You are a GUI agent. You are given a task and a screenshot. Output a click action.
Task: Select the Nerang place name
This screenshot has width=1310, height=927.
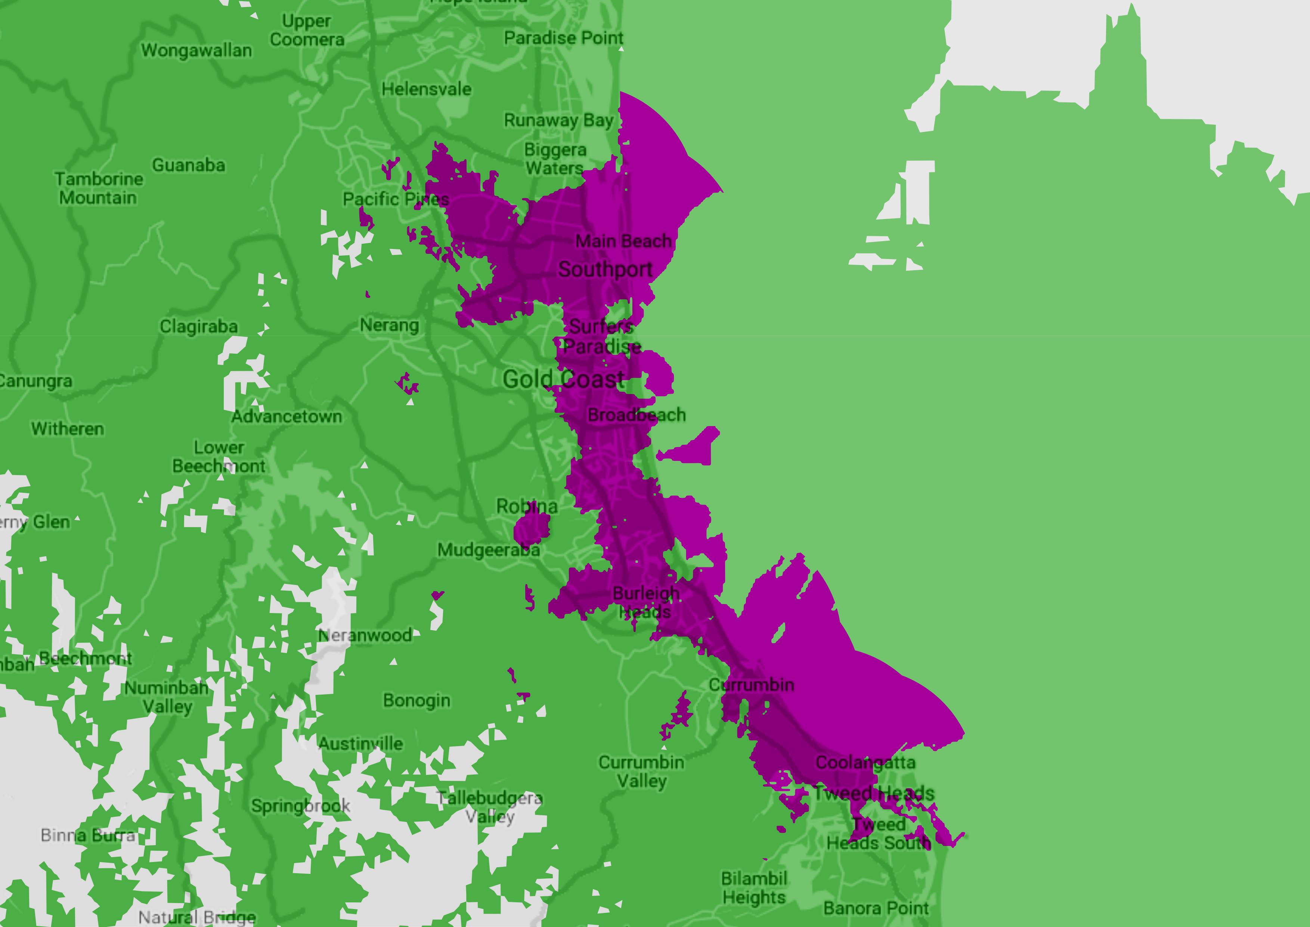coord(389,325)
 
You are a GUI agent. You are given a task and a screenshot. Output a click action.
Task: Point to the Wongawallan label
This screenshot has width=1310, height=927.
coord(196,50)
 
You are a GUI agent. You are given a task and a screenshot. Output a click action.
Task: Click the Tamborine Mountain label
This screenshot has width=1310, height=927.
coord(99,188)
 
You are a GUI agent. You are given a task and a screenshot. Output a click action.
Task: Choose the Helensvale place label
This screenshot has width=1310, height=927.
coord(426,89)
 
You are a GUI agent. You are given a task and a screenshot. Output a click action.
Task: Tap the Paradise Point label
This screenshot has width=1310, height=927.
coord(563,38)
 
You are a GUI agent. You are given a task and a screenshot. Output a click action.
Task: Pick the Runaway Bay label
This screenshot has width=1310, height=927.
coord(558,120)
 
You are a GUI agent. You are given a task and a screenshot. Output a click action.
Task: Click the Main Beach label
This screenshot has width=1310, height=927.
coord(623,241)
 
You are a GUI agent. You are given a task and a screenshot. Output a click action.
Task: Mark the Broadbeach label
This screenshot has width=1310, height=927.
coord(636,415)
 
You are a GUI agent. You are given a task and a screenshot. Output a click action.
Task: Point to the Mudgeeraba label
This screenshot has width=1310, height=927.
coord(488,550)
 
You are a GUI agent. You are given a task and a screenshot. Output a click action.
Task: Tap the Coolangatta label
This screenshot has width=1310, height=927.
coord(865,763)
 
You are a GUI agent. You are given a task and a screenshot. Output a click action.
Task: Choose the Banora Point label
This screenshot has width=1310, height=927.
coord(876,908)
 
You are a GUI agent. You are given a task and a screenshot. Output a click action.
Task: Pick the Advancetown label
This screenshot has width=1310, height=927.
coord(287,417)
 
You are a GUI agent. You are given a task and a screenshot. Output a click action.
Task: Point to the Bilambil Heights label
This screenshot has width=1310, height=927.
coord(754,888)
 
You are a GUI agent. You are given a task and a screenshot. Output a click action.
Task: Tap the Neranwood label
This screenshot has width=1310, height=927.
coord(365,635)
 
